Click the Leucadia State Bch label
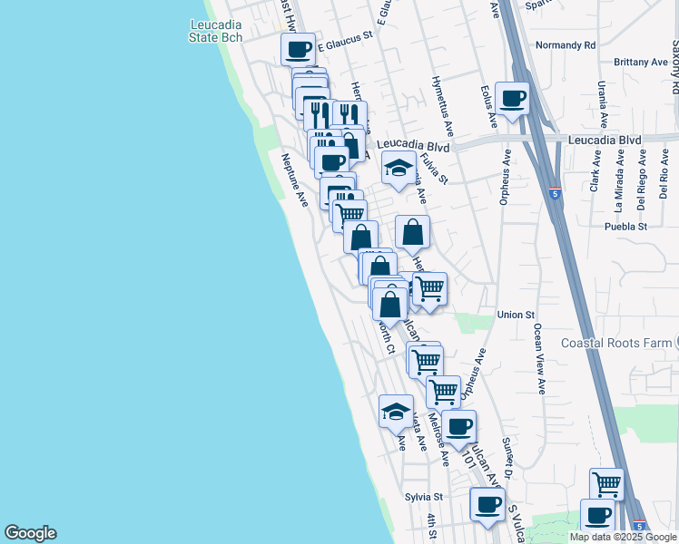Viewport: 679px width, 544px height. [x=215, y=30]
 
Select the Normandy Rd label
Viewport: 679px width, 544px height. [x=565, y=44]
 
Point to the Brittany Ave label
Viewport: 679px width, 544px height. [x=640, y=62]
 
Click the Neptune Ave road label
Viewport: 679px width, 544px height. [x=294, y=180]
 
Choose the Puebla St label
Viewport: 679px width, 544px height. [x=628, y=226]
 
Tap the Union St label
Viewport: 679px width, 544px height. [x=516, y=315]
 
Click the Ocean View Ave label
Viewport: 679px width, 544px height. [x=538, y=358]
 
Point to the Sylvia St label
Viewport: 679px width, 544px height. [x=423, y=497]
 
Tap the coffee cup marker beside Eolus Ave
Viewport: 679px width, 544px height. [x=511, y=99]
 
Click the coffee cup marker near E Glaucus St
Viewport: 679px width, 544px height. [x=298, y=50]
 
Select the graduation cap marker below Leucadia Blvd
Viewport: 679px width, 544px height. [x=398, y=168]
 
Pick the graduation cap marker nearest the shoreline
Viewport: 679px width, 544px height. [x=396, y=411]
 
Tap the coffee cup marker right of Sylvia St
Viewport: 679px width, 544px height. [x=487, y=504]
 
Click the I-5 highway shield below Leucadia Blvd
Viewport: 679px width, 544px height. [x=555, y=193]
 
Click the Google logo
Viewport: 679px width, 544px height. [x=30, y=533]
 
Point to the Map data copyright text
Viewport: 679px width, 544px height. [x=623, y=537]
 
